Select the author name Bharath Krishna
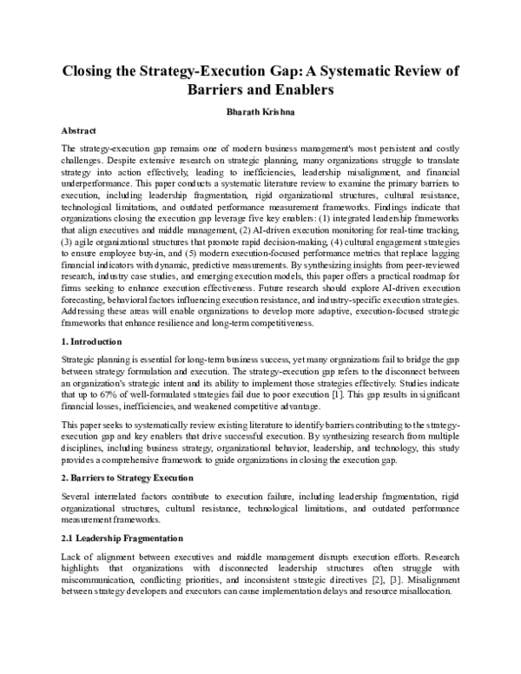pos(260,112)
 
